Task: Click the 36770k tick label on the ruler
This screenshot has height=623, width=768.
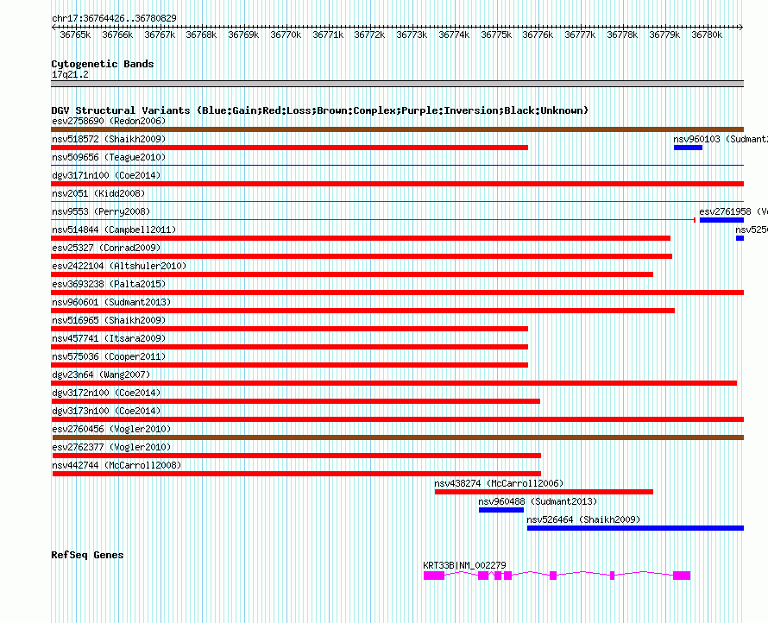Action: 286,35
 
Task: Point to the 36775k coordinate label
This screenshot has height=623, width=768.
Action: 496,35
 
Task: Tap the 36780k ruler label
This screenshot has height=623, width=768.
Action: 707,35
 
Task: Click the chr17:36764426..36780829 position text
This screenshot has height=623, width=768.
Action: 114,18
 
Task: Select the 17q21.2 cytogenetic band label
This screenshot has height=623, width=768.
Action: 70,74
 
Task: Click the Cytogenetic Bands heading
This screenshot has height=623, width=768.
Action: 102,64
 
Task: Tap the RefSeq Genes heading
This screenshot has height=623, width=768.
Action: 87,555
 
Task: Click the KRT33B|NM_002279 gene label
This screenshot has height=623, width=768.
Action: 464,565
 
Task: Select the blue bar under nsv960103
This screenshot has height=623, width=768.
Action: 688,148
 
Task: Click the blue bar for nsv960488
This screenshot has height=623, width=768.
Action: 501,510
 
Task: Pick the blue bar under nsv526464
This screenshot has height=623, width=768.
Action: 635,528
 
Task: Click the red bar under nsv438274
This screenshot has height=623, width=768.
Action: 544,492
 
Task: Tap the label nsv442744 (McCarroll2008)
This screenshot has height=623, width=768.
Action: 116,465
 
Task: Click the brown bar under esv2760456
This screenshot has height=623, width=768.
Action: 397,437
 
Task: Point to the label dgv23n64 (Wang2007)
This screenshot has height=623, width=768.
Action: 101,374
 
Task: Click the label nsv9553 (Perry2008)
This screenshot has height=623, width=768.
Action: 100,211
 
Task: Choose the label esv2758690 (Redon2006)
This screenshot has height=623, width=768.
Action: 108,121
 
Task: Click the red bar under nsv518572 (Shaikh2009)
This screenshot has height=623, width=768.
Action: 289,148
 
